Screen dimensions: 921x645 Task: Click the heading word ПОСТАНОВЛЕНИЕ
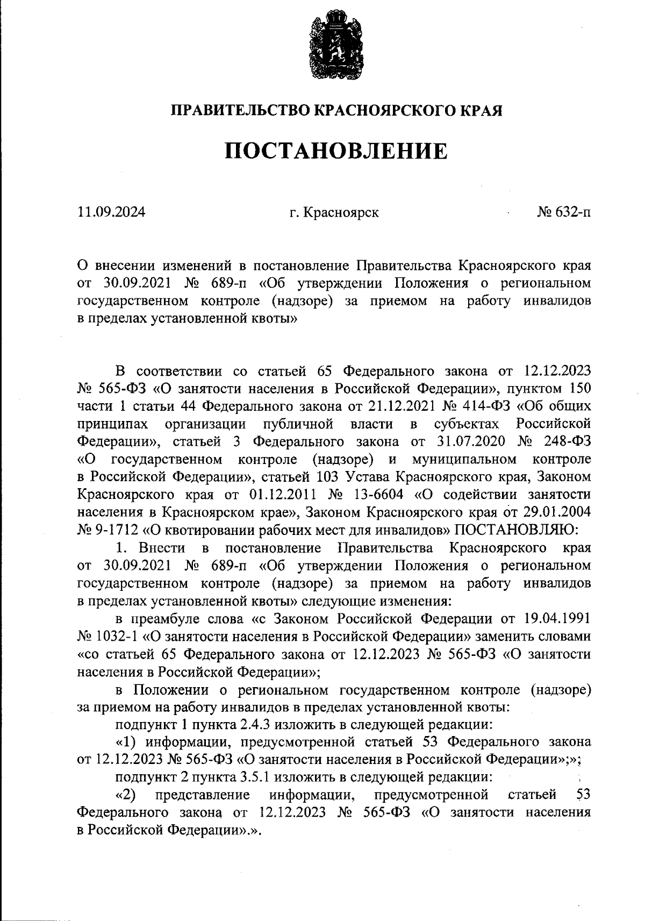(x=335, y=151)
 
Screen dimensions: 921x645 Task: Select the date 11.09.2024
(x=111, y=212)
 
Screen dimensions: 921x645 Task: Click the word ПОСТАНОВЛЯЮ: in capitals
(x=516, y=530)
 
